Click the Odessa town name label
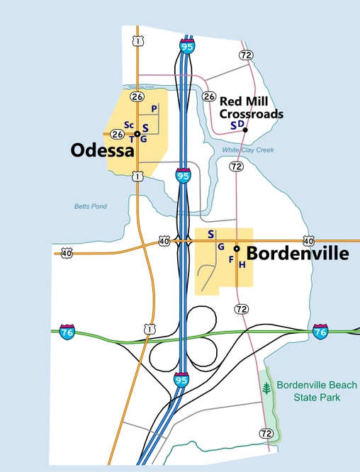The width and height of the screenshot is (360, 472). (x=102, y=150)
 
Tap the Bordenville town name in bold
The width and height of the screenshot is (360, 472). (x=298, y=253)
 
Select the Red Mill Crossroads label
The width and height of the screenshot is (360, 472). (x=251, y=108)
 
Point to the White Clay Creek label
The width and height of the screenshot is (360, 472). (x=248, y=150)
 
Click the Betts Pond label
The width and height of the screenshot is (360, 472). (x=90, y=206)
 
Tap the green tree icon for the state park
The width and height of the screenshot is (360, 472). (x=266, y=389)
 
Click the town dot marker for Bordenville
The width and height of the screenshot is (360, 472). (x=237, y=249)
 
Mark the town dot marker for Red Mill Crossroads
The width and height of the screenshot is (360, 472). (x=245, y=130)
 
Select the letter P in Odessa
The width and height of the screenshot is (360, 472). (x=154, y=108)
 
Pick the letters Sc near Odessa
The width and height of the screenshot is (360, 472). (x=129, y=125)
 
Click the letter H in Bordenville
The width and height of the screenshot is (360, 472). (x=242, y=265)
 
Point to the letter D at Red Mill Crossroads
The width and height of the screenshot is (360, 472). (x=241, y=124)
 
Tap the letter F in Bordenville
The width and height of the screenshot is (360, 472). (x=231, y=259)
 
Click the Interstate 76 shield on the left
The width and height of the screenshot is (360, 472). (x=68, y=332)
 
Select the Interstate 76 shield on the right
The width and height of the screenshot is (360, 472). (x=320, y=331)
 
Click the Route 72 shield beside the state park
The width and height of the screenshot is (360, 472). (x=266, y=433)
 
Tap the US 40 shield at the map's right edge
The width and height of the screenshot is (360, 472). (x=308, y=241)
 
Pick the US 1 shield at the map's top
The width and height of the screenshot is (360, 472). (x=137, y=41)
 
